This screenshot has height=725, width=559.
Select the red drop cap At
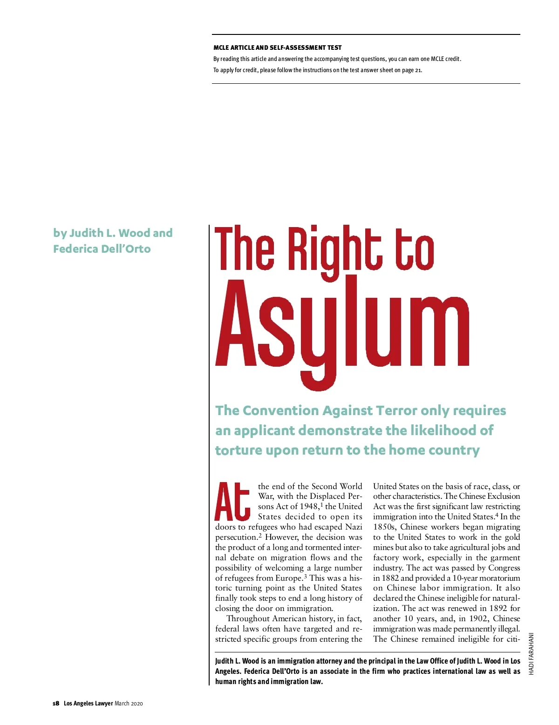232,501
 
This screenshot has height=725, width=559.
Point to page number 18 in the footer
55,703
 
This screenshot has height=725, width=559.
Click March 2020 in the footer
129,703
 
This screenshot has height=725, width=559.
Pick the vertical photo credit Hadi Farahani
531,653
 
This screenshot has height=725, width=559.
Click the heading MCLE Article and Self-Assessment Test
277,47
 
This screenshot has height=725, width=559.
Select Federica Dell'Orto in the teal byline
102,249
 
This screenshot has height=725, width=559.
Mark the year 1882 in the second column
390,578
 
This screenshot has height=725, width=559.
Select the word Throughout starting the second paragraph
248,618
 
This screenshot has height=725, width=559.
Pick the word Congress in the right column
504,568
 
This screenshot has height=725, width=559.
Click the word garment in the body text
504,557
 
